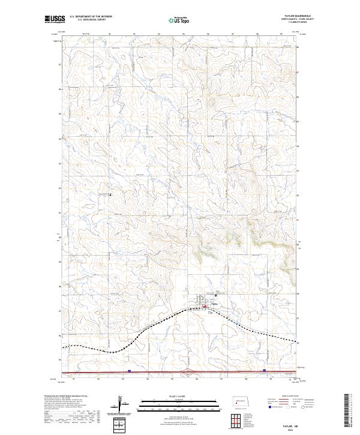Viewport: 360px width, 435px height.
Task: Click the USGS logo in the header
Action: (53, 19)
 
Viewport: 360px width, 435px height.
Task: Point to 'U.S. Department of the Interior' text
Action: (90, 17)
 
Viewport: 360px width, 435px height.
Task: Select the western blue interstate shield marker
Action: (128, 370)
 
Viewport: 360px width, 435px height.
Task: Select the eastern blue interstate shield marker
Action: (265, 370)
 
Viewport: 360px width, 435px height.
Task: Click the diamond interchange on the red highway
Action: (190, 372)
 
